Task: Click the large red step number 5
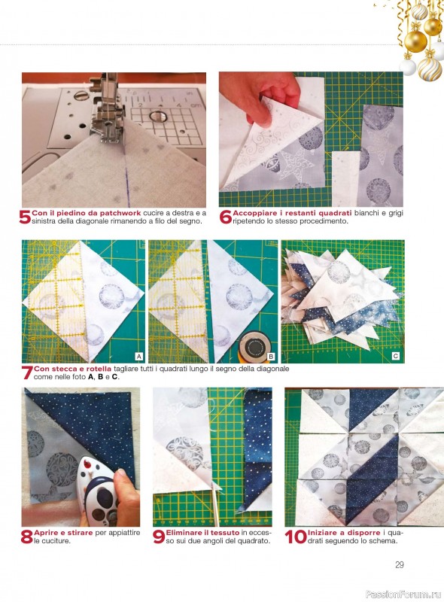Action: pos(25,217)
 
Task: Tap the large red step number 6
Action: pos(226,217)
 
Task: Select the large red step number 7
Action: pos(27,372)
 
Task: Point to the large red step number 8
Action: pos(27,537)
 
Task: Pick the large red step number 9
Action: pos(159,537)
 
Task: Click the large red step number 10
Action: pos(296,537)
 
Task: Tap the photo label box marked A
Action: pos(139,356)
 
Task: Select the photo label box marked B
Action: pos(271,356)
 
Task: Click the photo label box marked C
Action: pos(396,356)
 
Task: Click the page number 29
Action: pos(400,565)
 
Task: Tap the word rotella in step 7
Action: pos(99,369)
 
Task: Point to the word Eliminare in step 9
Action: pos(184,533)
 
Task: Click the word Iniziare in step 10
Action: pos(323,533)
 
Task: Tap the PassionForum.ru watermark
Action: pos(403,594)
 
